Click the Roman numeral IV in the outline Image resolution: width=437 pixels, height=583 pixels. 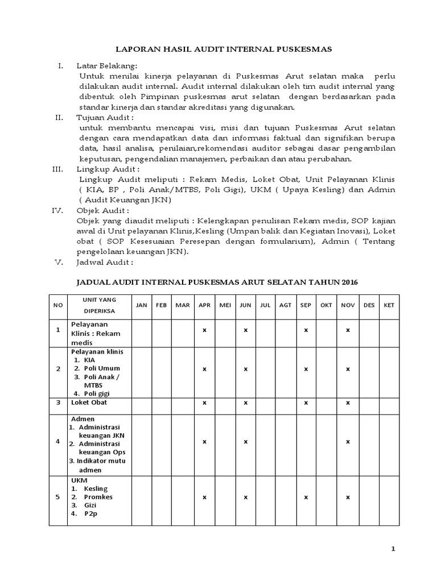[x=57, y=210]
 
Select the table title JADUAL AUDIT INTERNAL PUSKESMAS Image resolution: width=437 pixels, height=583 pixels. [x=218, y=282]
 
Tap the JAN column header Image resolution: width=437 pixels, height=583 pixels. [x=141, y=305]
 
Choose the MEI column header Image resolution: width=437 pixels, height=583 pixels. [x=225, y=305]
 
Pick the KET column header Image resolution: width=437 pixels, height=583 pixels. [x=389, y=305]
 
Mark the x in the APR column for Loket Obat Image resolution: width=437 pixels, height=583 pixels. [x=204, y=403]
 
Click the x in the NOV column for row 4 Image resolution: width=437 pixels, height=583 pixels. [x=348, y=442]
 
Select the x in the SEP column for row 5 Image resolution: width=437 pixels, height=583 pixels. [x=306, y=497]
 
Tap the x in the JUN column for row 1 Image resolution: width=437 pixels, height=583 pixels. [x=245, y=330]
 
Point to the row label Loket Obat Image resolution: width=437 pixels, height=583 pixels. [x=89, y=402]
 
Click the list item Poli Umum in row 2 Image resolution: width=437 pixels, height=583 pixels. [x=102, y=368]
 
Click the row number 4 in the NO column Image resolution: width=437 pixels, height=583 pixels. [x=57, y=442]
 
